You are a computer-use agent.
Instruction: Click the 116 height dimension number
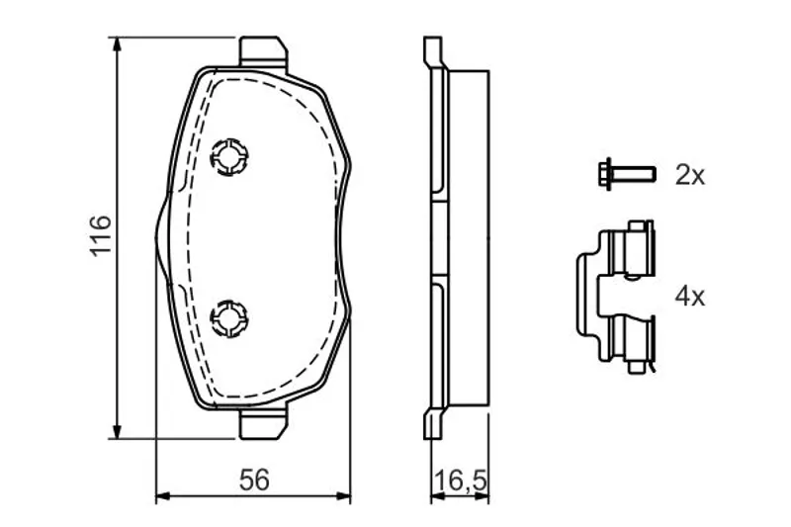101,236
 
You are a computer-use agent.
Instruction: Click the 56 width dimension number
254,480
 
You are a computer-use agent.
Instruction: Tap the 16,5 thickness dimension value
460,481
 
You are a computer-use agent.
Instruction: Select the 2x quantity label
689,175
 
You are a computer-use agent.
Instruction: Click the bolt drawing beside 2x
627,174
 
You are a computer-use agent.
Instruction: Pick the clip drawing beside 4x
615,297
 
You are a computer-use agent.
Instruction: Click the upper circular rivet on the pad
229,157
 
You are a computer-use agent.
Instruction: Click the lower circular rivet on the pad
229,318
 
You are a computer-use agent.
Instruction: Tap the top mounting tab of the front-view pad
263,51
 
